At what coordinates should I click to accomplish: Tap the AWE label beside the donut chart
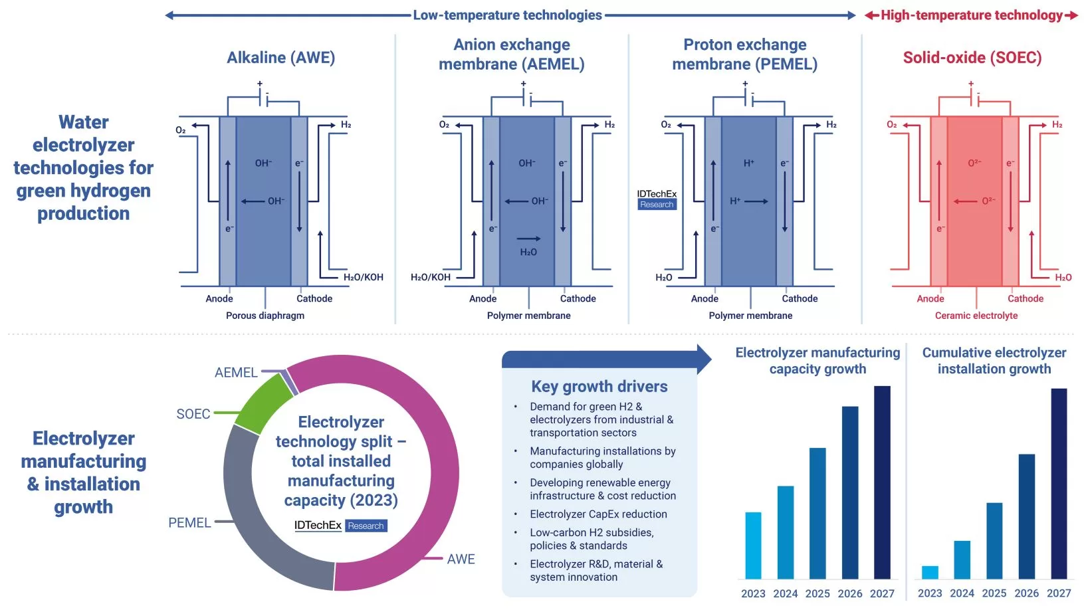pos(461,559)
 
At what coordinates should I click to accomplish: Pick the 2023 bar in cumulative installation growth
pos(930,572)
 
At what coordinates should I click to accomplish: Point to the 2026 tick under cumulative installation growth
pos(1026,593)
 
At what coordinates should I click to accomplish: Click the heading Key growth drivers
pos(599,386)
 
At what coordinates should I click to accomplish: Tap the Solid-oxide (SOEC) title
pos(972,58)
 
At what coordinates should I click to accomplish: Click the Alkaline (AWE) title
pos(280,58)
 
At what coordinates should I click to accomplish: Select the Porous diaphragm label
pos(265,316)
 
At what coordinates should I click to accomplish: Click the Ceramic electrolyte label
pos(976,316)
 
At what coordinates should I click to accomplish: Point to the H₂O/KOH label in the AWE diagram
pos(363,277)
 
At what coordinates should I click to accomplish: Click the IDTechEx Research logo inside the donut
pos(340,526)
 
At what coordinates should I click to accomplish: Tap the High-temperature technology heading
pos(971,15)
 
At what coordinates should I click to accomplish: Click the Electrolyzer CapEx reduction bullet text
pos(598,514)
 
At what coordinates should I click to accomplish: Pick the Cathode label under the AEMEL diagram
pos(578,298)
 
